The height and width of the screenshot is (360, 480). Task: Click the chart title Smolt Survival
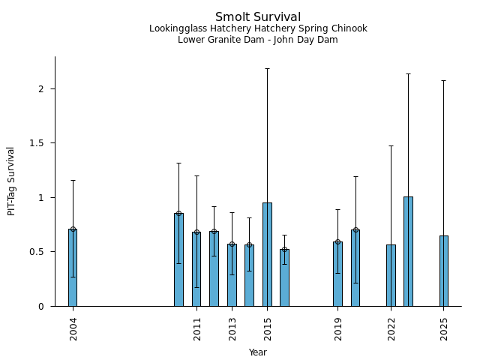257,17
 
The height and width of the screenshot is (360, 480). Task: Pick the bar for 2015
267,254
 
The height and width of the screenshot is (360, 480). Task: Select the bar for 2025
444,271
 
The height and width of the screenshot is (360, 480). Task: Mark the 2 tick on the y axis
46,88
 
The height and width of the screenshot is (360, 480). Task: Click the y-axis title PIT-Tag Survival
11,181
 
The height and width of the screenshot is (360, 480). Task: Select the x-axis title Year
257,352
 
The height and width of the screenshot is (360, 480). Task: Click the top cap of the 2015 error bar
267,69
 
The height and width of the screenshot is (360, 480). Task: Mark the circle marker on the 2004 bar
73,229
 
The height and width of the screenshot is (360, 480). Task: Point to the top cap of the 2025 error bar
444,80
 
